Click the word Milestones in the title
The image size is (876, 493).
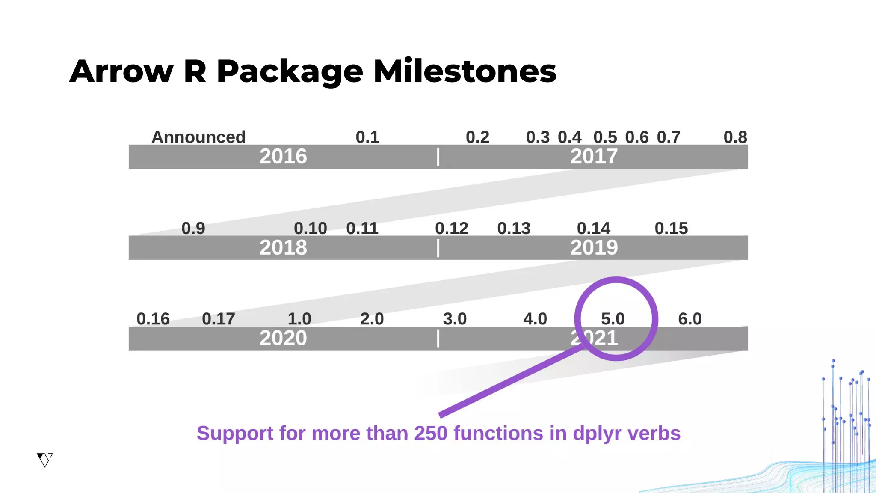point(465,71)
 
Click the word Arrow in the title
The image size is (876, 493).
point(121,71)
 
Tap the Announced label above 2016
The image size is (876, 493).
point(198,137)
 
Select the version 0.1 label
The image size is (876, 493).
point(367,137)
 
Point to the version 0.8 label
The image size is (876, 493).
point(735,137)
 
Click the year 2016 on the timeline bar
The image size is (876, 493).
point(283,157)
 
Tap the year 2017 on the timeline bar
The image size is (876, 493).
point(594,157)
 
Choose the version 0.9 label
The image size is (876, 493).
point(193,229)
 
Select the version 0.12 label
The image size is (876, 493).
point(452,229)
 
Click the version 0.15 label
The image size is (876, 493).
point(671,229)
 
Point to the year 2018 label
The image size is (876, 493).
point(283,248)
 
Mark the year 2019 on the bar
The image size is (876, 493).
point(594,248)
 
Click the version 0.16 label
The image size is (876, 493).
point(153,319)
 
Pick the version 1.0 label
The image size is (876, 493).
point(299,319)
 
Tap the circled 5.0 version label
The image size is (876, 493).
point(613,319)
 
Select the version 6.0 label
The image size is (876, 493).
point(690,319)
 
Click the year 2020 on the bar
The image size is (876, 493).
point(283,339)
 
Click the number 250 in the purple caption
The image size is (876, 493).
point(431,434)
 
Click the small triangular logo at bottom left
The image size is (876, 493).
point(44,460)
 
